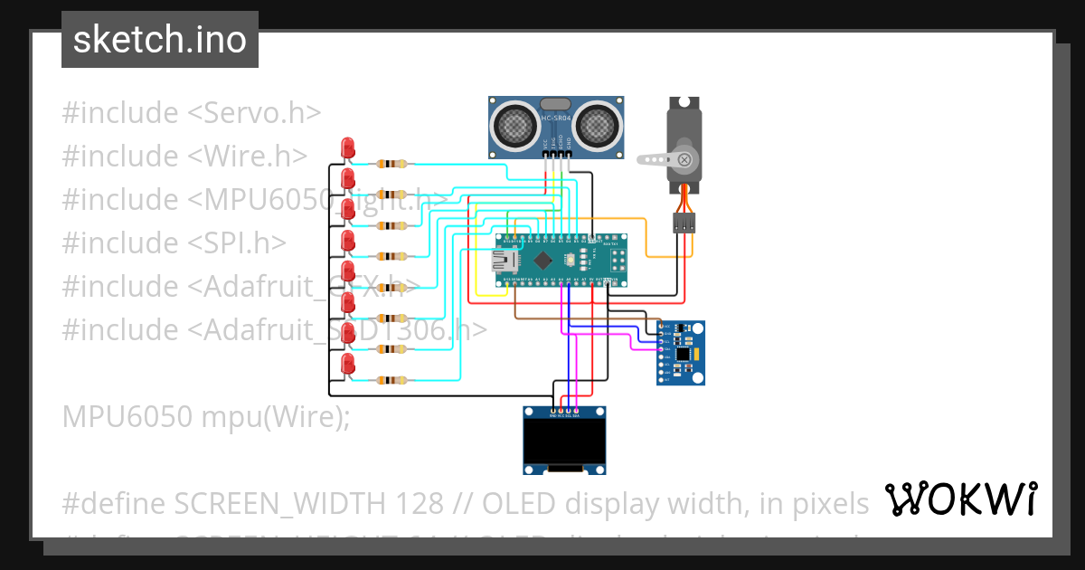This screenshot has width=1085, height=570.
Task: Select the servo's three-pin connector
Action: pos(684,223)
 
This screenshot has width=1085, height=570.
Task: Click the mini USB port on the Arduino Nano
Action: pos(503,261)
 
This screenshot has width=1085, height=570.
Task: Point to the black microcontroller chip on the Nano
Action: pos(542,261)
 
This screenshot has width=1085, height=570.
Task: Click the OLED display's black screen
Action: pos(565,441)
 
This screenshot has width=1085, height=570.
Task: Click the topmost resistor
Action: pos(392,164)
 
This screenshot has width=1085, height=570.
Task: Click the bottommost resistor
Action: pos(392,380)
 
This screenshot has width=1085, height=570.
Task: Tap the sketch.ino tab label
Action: pos(159,40)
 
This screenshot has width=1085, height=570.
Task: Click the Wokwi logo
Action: pos(960,499)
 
